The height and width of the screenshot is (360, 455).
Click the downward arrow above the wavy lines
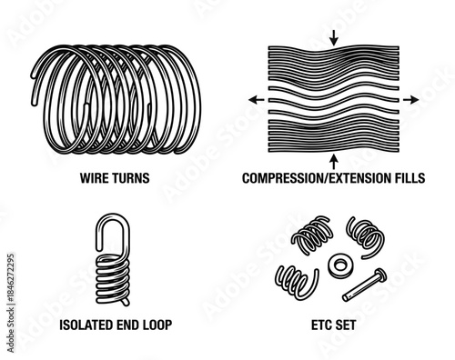tap(334, 37)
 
